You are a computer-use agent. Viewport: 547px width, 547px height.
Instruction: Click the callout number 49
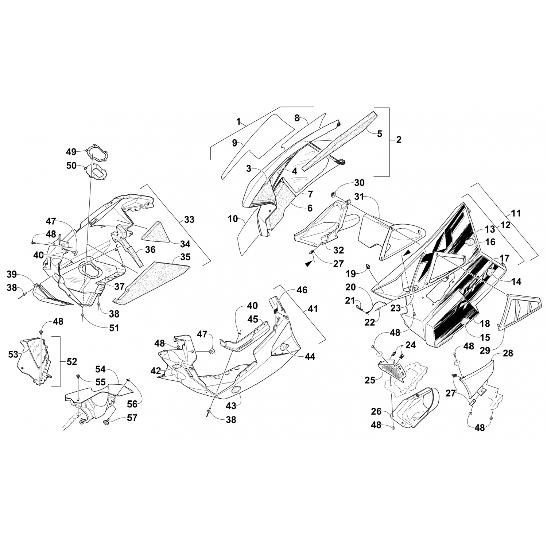[71, 151]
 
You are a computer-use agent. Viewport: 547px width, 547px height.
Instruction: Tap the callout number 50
[71, 166]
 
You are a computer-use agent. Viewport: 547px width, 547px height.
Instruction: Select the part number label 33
[189, 220]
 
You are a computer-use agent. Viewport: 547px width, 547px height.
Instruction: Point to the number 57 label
[132, 418]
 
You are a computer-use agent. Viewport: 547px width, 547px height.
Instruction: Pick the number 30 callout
[359, 183]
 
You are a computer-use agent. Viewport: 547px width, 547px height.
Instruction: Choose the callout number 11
[516, 213]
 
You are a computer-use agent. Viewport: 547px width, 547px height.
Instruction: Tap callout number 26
[376, 412]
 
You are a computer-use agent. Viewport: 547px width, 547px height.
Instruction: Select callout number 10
[233, 219]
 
